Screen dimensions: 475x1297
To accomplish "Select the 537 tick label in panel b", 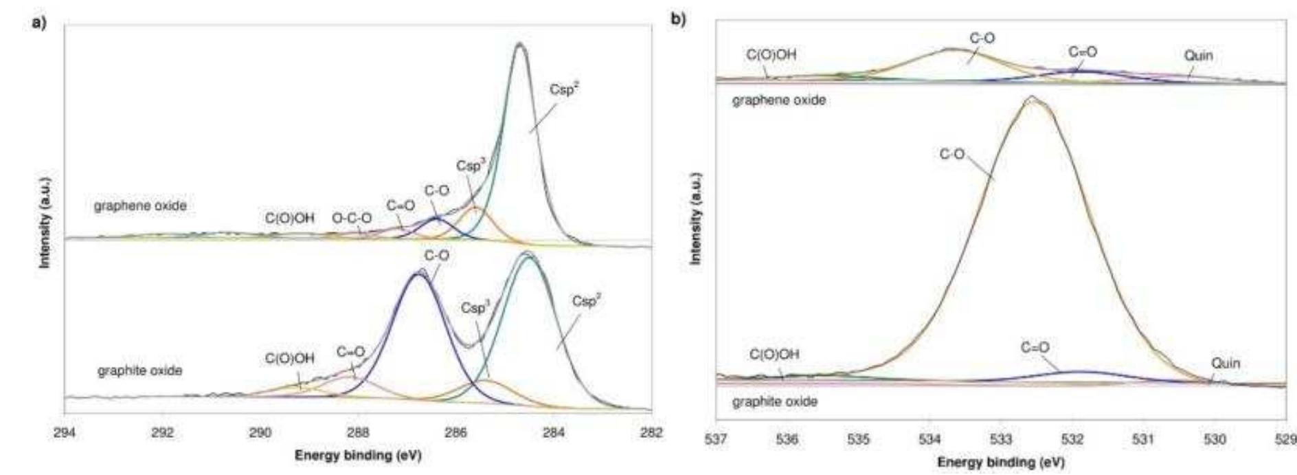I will tap(716, 439).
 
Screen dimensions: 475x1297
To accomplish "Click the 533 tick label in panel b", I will tap(1001, 439).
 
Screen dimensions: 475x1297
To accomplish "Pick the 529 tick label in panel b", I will tap(1285, 439).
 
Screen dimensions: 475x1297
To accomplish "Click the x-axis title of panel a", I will tap(358, 455).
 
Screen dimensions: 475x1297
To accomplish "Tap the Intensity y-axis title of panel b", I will tap(695, 218).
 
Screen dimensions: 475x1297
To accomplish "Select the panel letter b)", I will tap(678, 20).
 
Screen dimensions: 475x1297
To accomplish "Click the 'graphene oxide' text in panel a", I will tap(140, 206).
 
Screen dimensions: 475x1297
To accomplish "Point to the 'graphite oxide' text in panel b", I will tap(775, 401).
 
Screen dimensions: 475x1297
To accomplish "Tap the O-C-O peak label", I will tap(352, 218).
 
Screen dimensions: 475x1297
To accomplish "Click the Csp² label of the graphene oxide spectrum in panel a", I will tap(564, 89).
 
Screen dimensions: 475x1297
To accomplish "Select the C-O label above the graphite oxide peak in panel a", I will tap(437, 256).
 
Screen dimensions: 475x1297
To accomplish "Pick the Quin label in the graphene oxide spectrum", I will tap(1198, 56).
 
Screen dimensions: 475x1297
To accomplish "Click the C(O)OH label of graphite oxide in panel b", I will tap(774, 355).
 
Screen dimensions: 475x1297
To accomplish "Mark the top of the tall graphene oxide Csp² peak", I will tap(519, 44).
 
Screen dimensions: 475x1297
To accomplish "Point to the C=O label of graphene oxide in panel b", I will tap(1083, 52).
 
